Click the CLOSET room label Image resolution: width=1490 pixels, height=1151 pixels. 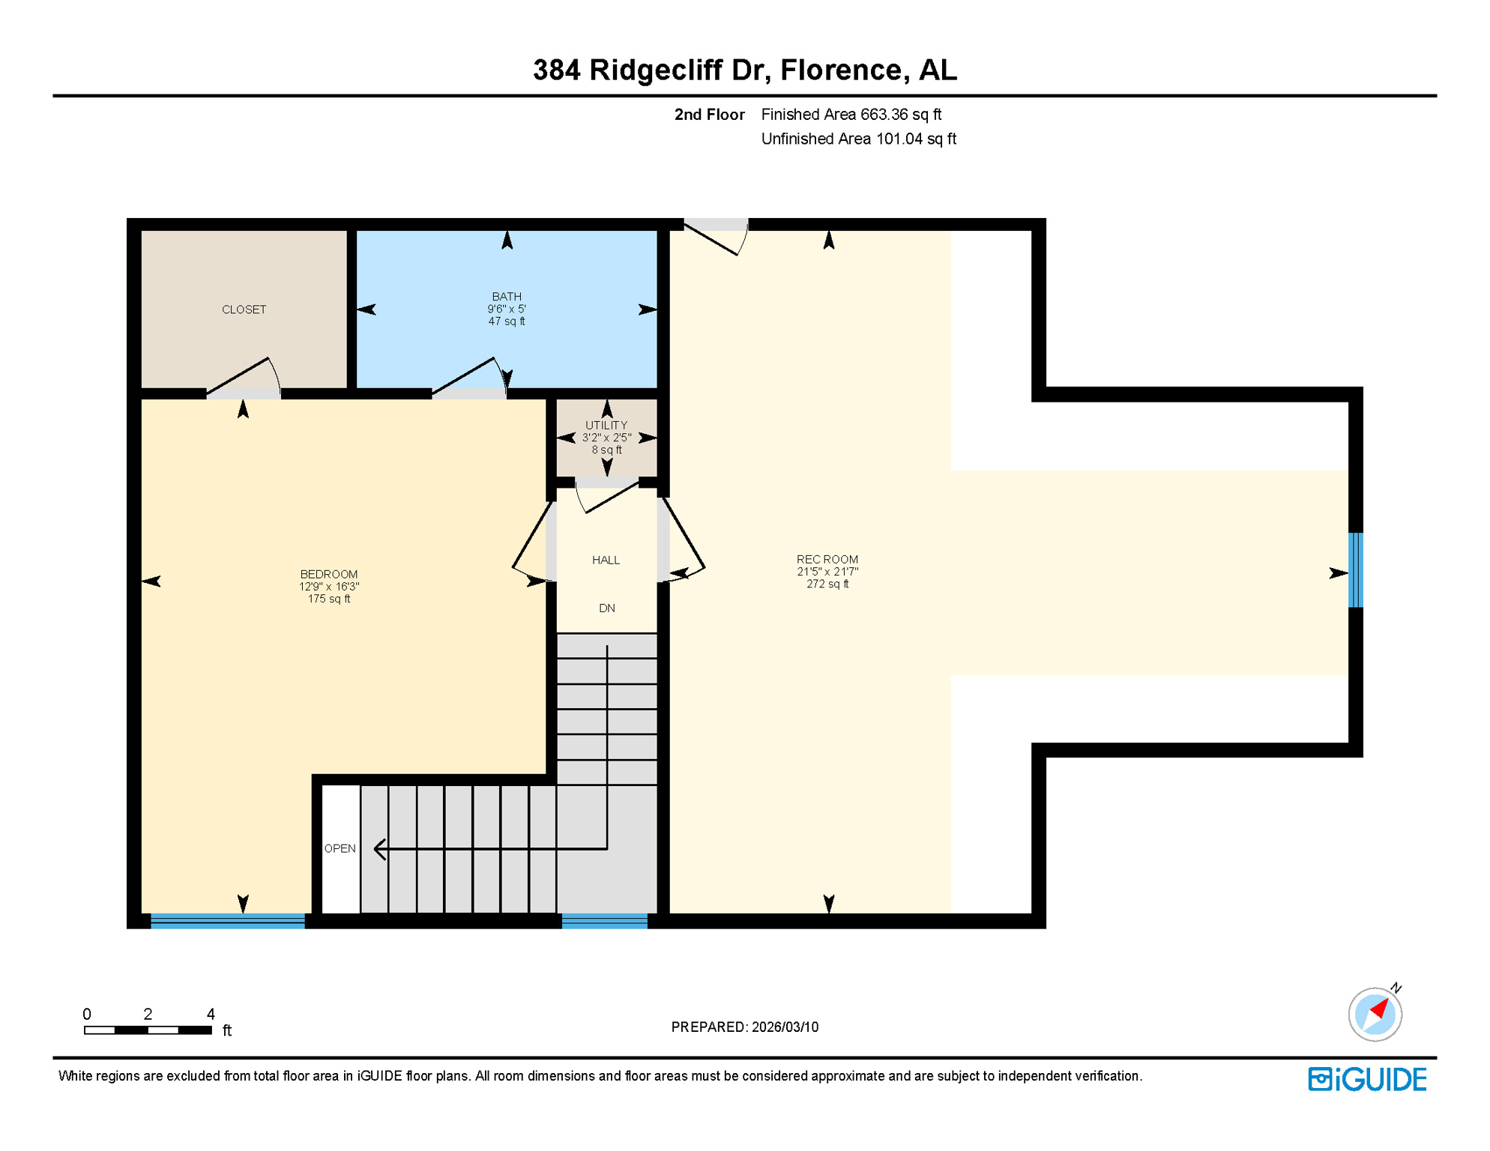click(244, 309)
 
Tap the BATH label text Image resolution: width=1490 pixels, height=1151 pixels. click(507, 297)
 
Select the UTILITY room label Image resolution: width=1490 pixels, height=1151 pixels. click(606, 426)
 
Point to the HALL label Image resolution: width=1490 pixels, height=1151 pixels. click(606, 561)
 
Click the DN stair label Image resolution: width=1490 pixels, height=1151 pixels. click(607, 608)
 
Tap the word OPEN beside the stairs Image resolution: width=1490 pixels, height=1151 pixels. click(340, 849)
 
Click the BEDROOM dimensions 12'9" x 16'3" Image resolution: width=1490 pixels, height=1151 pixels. click(329, 587)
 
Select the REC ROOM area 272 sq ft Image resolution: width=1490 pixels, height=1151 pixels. click(827, 584)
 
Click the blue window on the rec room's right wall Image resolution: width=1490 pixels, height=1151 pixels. click(1355, 570)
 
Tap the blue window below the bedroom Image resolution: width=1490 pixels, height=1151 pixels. click(228, 922)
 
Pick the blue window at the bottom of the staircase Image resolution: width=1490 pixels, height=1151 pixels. click(604, 922)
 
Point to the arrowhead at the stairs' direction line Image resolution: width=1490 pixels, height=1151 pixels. click(380, 849)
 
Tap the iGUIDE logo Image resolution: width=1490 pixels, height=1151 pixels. click(1367, 1080)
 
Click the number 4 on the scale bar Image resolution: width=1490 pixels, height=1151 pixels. click(211, 1014)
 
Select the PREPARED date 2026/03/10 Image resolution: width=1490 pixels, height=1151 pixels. click(785, 1027)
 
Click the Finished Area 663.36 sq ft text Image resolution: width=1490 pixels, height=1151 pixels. click(851, 115)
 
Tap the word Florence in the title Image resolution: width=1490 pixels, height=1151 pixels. click(840, 70)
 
